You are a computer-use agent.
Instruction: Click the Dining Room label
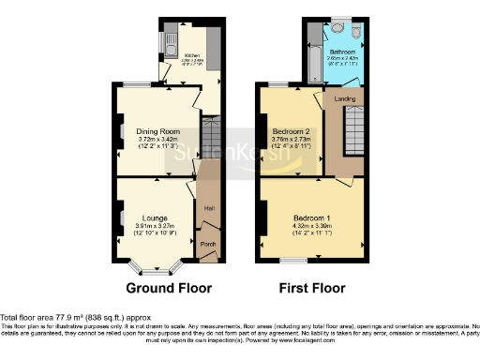pyautogui.click(x=157, y=130)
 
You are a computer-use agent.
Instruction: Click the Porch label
pyautogui.click(x=208, y=245)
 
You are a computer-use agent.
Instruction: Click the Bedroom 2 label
pyautogui.click(x=291, y=130)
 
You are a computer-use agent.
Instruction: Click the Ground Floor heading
pyautogui.click(x=169, y=288)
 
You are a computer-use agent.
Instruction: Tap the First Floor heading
pyautogui.click(x=312, y=288)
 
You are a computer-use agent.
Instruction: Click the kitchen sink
pyautogui.click(x=167, y=41)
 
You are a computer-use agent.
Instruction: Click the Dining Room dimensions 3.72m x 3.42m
pyautogui.click(x=157, y=139)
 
